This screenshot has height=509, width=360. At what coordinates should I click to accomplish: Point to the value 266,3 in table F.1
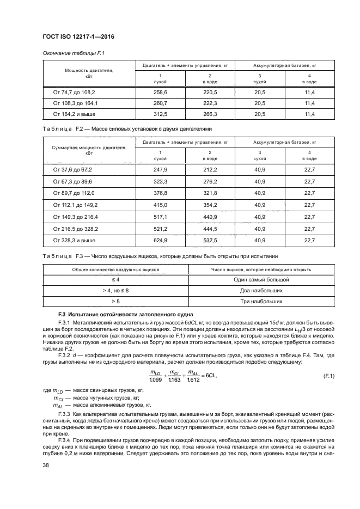coord(210,114)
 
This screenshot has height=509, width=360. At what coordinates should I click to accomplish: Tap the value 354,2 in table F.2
coord(210,205)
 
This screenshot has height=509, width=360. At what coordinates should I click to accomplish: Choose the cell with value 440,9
coord(210,216)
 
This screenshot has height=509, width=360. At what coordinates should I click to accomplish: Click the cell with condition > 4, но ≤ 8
coord(115,290)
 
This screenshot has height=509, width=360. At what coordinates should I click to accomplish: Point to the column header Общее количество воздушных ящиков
coord(115,269)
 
